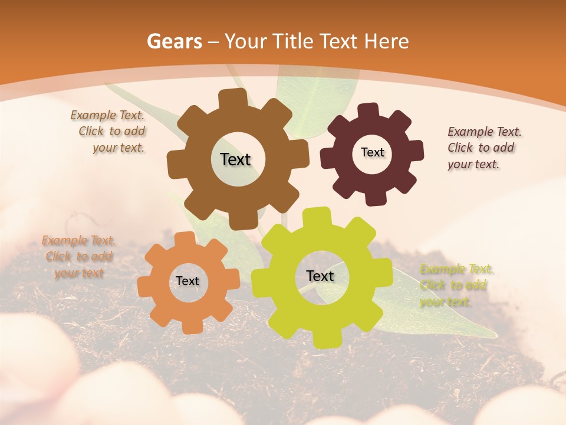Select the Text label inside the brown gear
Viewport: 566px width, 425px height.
tap(236, 159)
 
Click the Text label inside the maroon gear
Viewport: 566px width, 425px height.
tap(372, 152)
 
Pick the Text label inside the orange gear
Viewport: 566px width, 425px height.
tap(187, 281)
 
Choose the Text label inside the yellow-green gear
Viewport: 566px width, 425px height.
tap(320, 276)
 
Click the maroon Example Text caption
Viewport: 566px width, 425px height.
tap(483, 148)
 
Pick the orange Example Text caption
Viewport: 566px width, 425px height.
tap(78, 257)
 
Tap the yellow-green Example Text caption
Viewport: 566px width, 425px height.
tap(455, 286)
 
